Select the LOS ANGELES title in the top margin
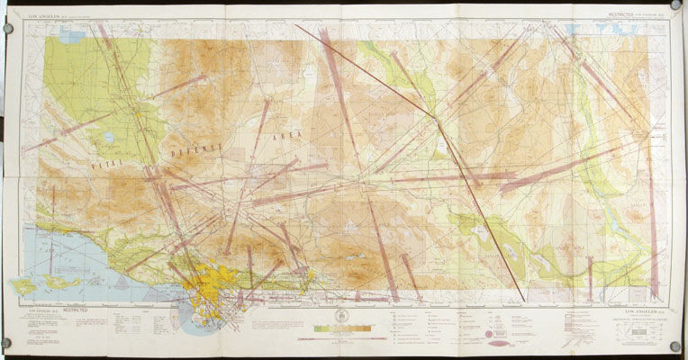46,14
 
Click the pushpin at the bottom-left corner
7,344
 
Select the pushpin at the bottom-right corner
674,346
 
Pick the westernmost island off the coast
22,286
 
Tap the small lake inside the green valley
109,139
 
